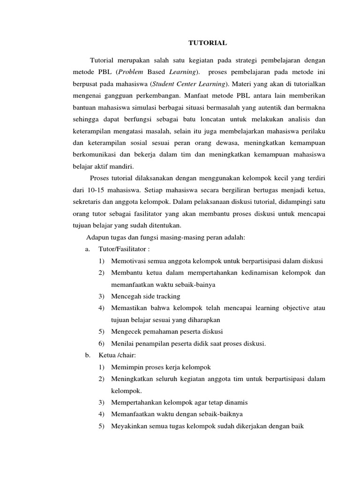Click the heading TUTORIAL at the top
click(207, 43)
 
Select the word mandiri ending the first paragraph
click(121, 167)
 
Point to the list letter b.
click(88, 355)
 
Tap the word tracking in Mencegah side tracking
click(167, 296)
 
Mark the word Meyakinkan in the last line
click(129, 426)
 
